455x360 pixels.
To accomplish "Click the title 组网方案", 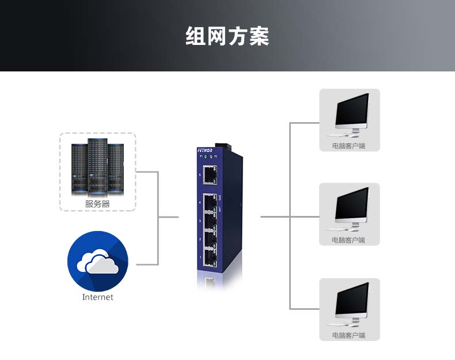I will [227, 36].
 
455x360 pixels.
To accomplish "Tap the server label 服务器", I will [97, 203].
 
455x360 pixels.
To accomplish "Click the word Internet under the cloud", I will [97, 297].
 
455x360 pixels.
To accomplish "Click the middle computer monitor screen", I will [352, 204].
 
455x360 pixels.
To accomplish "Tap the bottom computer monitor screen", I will [352, 300].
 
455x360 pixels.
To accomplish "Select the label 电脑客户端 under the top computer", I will [349, 146].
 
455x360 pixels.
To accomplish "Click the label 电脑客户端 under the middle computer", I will [349, 240].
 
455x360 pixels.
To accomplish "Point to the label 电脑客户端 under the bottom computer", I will [349, 335].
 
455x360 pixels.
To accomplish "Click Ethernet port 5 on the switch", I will [210, 173].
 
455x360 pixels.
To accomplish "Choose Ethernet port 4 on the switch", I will [210, 203].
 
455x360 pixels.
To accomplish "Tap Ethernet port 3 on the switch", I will [210, 221].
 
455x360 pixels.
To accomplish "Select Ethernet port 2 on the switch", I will [210, 239].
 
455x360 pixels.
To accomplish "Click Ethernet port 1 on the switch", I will [210, 257].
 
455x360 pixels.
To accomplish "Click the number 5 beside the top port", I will [200, 174].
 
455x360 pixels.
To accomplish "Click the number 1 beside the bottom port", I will [200, 257].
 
